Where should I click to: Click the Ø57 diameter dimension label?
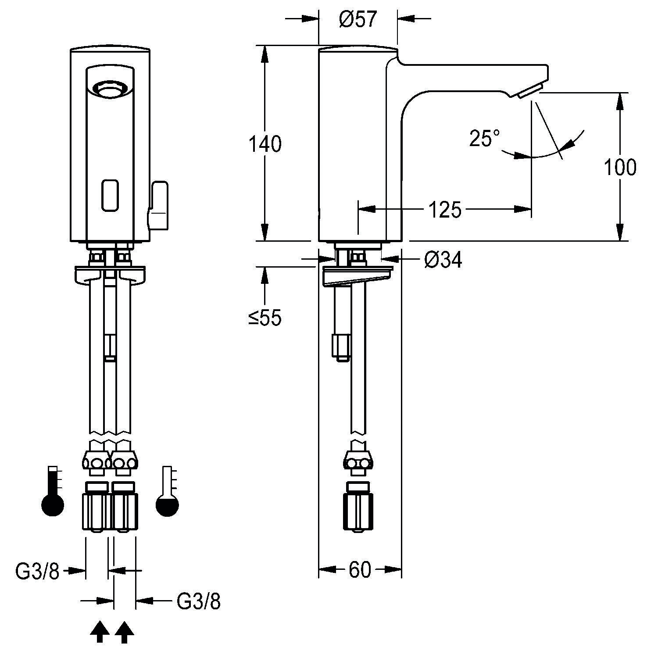tap(358, 20)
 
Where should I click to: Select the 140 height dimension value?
tap(265, 144)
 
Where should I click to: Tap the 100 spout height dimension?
tap(620, 167)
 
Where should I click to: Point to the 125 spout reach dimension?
tap(445, 210)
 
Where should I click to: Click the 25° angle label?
tap(484, 138)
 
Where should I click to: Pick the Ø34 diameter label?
tap(443, 260)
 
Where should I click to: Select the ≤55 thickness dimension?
tap(265, 318)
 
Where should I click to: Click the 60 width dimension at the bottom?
tap(360, 570)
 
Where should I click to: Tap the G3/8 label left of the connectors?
tap(37, 571)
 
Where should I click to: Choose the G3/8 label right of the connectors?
tap(198, 602)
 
